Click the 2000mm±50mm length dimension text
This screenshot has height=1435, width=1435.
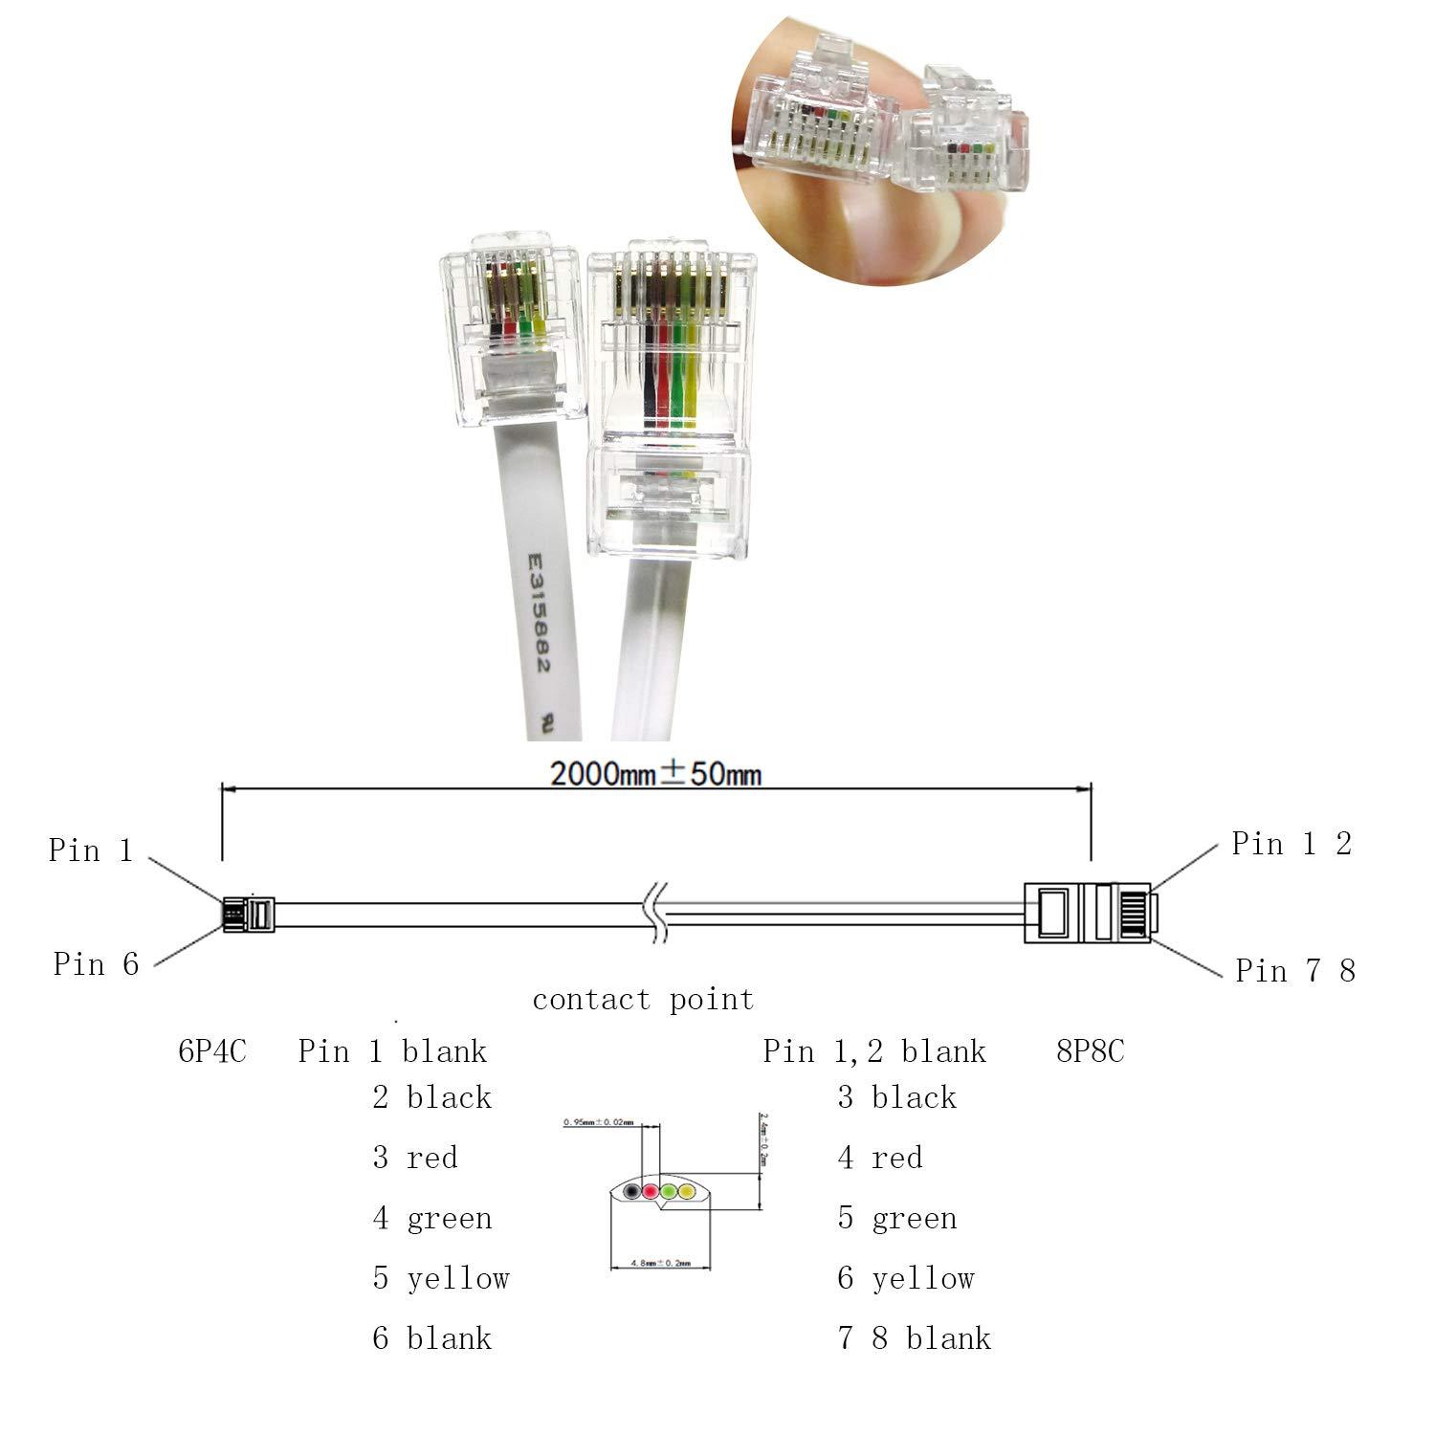656,773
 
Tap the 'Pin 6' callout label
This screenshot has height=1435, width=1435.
96,964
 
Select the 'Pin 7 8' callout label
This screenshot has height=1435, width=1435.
1295,971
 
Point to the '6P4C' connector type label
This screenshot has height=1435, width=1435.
212,1051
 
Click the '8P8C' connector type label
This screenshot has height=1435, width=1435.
1091,1051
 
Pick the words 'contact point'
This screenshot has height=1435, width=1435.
643,1000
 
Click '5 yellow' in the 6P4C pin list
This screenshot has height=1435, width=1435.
441,1278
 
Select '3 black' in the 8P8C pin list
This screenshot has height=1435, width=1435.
896,1097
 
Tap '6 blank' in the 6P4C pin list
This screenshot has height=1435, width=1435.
431,1338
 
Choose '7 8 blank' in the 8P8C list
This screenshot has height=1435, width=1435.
915,1338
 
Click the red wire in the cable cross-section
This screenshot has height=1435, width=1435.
651,1193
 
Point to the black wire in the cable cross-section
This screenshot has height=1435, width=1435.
632,1193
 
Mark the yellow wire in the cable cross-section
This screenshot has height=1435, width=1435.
686,1193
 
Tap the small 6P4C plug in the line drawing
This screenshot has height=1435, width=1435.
248,914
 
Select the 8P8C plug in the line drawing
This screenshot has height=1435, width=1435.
1089,913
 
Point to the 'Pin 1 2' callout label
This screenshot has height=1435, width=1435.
1291,844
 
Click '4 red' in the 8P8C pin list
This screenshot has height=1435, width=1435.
880,1158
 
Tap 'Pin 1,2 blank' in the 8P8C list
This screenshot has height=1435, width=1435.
873,1051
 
